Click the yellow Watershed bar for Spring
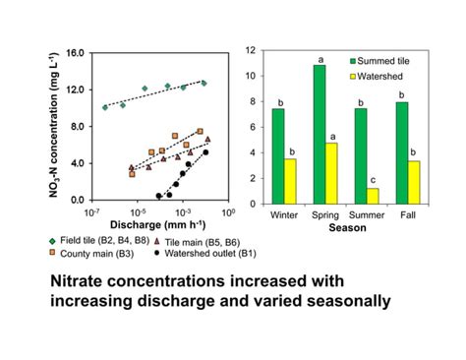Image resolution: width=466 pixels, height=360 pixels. (331, 172)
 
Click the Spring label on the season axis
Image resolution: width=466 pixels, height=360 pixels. (325, 213)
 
